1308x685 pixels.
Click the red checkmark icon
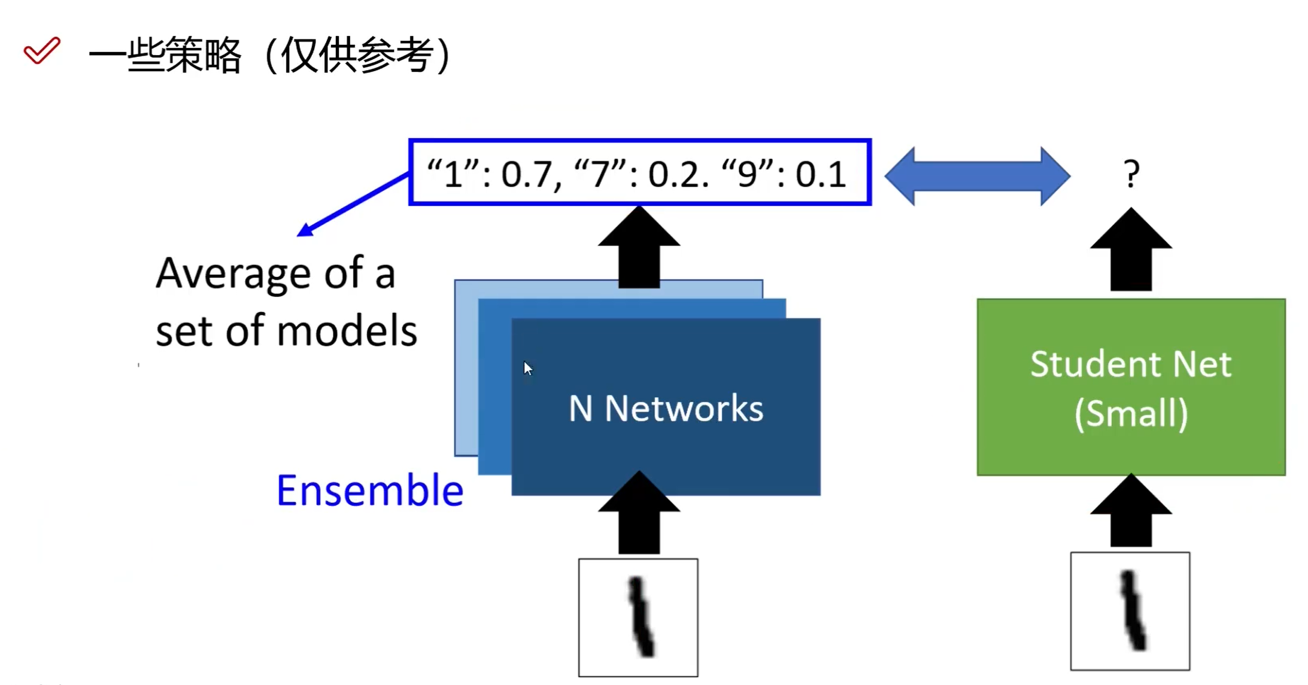(x=42, y=50)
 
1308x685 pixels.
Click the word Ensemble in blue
(x=369, y=491)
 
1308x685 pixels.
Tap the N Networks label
(x=666, y=409)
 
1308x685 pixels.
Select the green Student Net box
(x=1130, y=387)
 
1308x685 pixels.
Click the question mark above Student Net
(x=1131, y=174)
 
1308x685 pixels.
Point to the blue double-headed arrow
(x=976, y=176)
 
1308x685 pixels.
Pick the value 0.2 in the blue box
(x=674, y=175)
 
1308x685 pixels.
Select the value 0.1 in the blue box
(x=820, y=175)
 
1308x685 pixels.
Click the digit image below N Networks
(x=638, y=617)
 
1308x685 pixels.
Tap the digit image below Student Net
(x=1130, y=611)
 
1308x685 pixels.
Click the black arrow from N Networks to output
(x=639, y=248)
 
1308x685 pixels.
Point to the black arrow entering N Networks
(x=639, y=513)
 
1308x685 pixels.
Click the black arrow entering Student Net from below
(x=1130, y=512)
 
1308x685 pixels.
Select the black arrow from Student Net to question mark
(x=1130, y=250)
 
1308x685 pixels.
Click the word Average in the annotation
(x=233, y=274)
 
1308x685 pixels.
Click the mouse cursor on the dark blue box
(x=527, y=368)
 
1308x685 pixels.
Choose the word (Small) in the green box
(x=1130, y=413)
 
